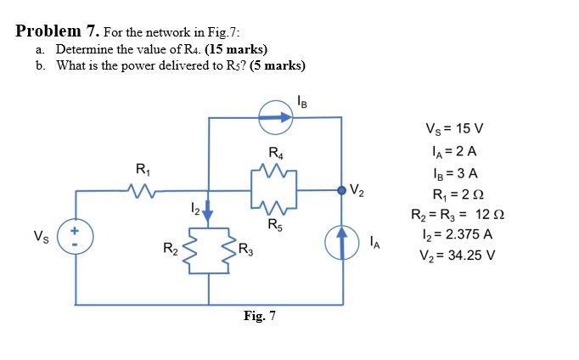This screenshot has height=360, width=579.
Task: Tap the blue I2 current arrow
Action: click(x=209, y=216)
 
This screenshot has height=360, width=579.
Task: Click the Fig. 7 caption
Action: click(x=259, y=317)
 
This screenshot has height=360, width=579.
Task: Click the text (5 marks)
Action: click(x=273, y=65)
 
